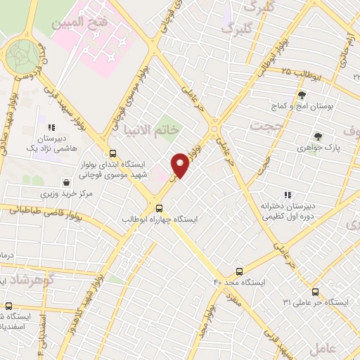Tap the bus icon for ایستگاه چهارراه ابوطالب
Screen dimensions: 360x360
pos(159,207)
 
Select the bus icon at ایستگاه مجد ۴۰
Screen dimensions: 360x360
pos(240,271)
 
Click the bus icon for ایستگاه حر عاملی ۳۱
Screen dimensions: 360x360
pos(314,292)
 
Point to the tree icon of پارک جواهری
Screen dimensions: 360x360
pos(319,136)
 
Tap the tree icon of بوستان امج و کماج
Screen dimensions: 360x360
pos(302,95)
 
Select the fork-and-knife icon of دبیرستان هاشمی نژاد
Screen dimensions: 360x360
pos(51,128)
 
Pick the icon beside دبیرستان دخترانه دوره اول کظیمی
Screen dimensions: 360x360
pos(287,195)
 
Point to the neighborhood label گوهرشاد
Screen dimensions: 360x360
pos(25,280)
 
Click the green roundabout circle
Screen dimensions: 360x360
pos(24,54)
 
